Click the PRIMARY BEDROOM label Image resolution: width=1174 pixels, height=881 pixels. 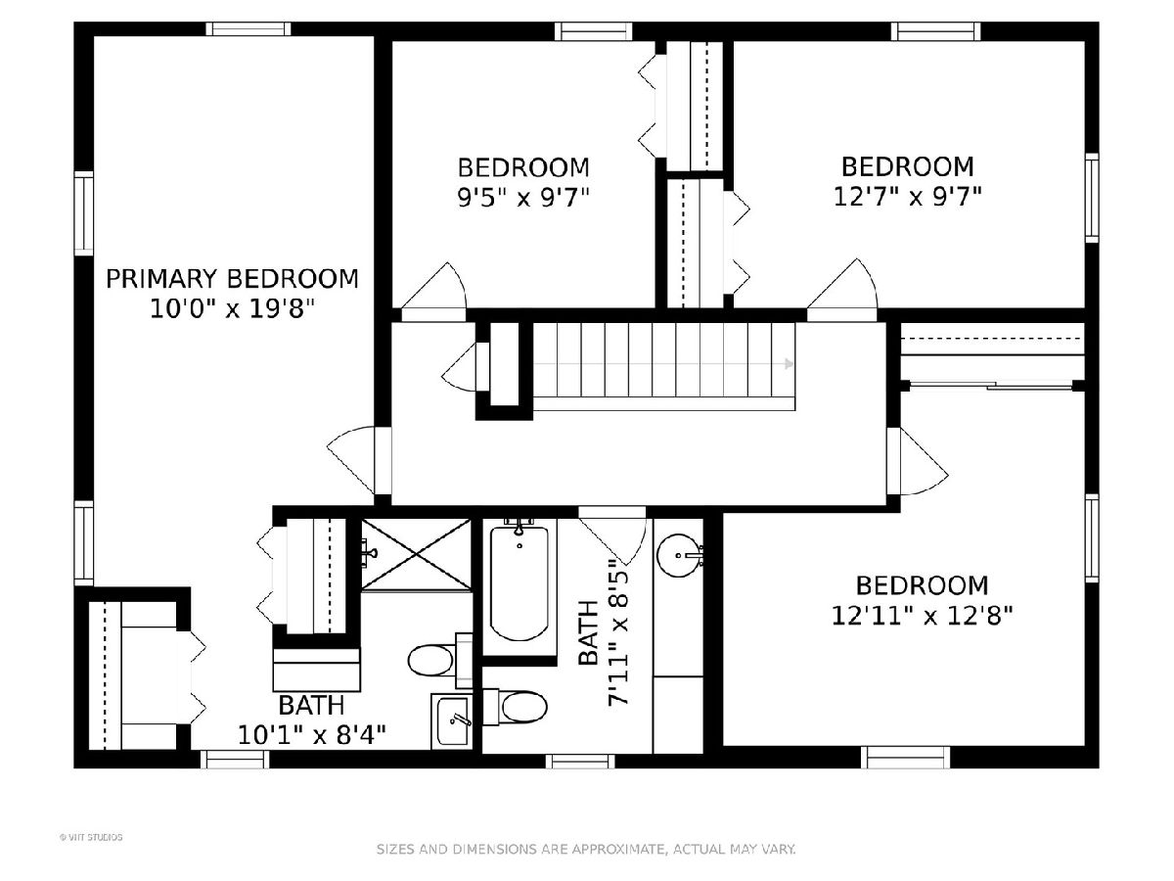coord(232,279)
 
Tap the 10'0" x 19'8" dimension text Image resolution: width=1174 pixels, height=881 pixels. coord(232,308)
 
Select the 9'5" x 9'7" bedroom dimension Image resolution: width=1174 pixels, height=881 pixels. coord(523,198)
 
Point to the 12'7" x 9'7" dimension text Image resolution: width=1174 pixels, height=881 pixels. coord(908,197)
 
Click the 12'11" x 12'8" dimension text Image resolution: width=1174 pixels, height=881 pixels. coord(922,615)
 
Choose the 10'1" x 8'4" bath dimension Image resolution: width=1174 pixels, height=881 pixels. coord(311,734)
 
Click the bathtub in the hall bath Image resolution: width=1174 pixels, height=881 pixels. coord(519,583)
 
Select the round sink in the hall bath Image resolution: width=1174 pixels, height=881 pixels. coord(679,556)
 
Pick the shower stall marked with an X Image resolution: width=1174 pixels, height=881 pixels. coord(416,554)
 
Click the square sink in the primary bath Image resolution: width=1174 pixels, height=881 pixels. coord(452,721)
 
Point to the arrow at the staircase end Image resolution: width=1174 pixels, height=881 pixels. coord(789,364)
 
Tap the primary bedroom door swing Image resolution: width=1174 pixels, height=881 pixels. coord(351,459)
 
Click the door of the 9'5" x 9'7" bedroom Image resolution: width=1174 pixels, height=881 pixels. coord(433,286)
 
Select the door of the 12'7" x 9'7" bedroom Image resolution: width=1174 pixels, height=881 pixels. coord(842,284)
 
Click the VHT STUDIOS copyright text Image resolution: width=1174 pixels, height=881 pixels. coord(91,837)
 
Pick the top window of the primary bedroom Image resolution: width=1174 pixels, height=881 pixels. coord(248,29)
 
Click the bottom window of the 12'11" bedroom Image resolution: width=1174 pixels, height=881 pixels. coord(906,758)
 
